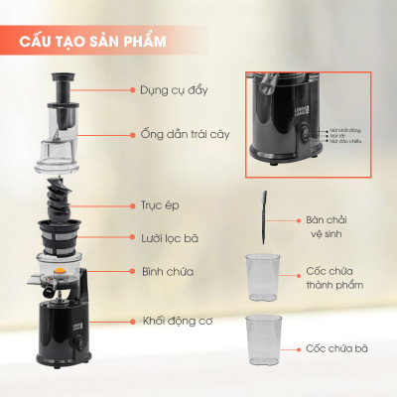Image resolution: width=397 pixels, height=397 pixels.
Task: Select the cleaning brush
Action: pyautogui.click(x=264, y=217)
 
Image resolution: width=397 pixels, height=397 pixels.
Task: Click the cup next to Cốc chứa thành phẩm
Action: pyautogui.click(x=264, y=276)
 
